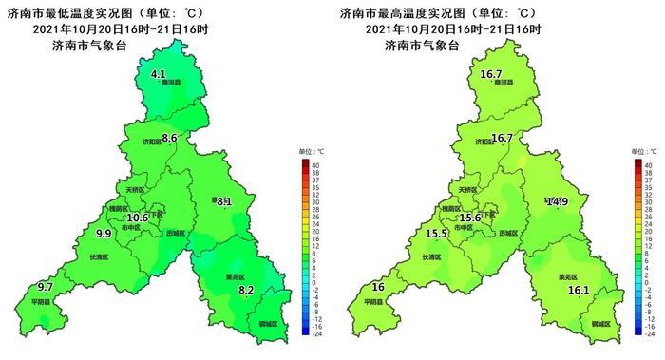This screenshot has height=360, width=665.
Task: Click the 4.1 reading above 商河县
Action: tap(159, 73)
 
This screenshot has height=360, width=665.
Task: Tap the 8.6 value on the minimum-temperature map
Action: tap(170, 139)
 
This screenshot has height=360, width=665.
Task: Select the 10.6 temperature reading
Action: tap(138, 218)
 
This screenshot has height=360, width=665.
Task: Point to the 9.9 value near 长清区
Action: tap(104, 234)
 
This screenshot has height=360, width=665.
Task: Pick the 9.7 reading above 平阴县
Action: tap(46, 287)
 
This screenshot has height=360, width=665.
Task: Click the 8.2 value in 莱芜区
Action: tap(246, 290)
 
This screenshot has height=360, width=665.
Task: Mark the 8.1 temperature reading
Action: tap(223, 201)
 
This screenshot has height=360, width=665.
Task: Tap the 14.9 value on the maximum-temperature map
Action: tap(558, 201)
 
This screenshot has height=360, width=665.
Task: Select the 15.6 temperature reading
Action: tap(470, 218)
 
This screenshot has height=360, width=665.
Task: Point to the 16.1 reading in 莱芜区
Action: tap(579, 290)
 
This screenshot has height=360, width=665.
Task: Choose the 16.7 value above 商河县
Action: tap(491, 73)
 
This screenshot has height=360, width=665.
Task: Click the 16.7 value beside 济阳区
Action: tap(503, 139)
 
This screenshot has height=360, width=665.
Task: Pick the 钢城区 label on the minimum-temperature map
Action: tap(269, 324)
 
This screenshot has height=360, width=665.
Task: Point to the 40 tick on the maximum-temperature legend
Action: tap(649, 165)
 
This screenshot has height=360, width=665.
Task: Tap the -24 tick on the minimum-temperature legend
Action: tap(317, 334)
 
